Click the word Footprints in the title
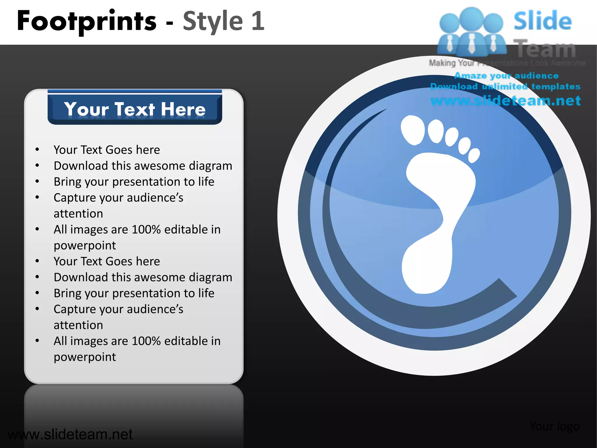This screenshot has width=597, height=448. [x=87, y=21]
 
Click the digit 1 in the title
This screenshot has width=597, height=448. [x=258, y=21]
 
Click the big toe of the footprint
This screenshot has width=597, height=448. [x=412, y=130]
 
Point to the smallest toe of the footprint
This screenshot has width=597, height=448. [x=474, y=155]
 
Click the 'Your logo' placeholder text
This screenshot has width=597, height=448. [x=554, y=426]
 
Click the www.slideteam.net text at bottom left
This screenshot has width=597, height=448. [x=70, y=434]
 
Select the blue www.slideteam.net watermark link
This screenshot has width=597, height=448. [x=505, y=101]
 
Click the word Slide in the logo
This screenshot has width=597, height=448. [x=542, y=21]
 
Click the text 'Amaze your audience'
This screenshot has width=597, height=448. [x=506, y=76]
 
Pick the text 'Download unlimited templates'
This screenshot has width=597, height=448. [x=505, y=87]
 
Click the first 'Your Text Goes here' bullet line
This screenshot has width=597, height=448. [x=107, y=150]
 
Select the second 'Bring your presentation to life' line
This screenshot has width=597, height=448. [x=134, y=293]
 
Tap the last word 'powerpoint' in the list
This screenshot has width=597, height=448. [x=85, y=357]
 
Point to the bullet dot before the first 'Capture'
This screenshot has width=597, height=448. [x=37, y=197]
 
